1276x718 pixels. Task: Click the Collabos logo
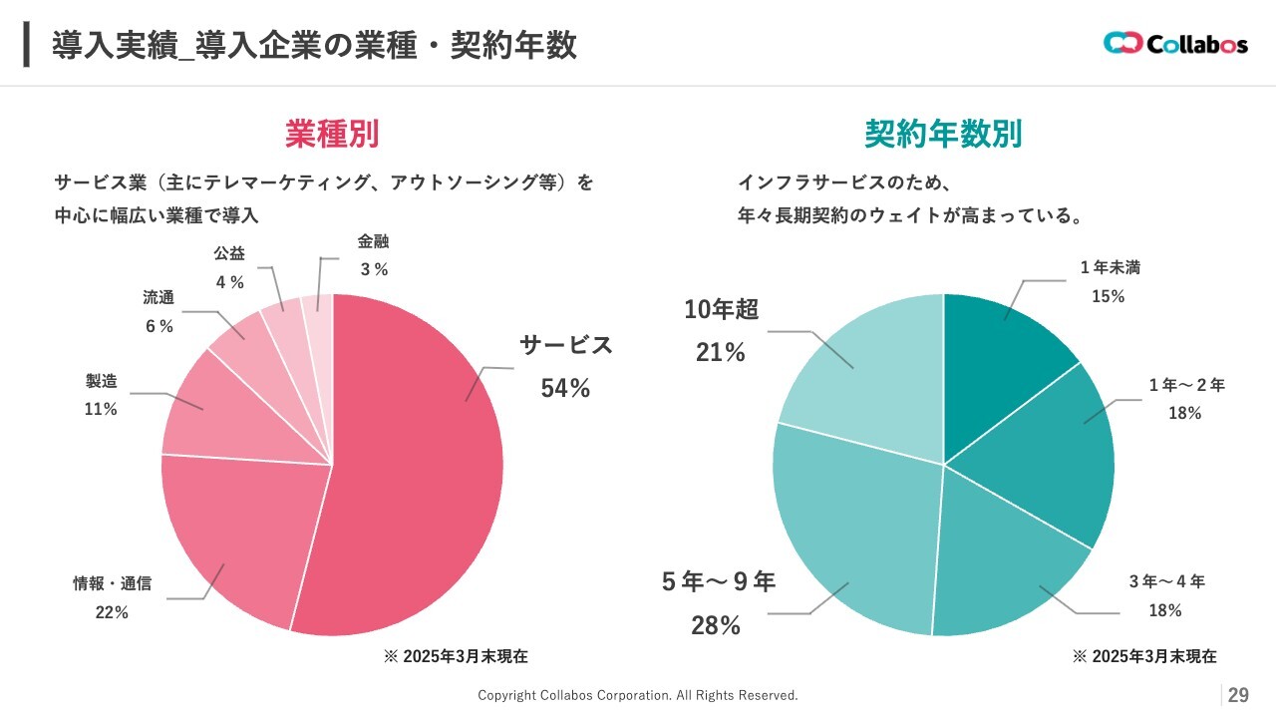pyautogui.click(x=1175, y=44)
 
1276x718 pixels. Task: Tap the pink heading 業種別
pyautogui.click(x=332, y=134)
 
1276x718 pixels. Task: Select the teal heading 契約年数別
pyautogui.click(x=943, y=134)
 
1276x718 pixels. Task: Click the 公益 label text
pyautogui.click(x=229, y=254)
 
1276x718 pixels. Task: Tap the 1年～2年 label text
pyautogui.click(x=1186, y=385)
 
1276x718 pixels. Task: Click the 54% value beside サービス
pyautogui.click(x=565, y=389)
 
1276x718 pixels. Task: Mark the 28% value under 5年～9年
pyautogui.click(x=716, y=626)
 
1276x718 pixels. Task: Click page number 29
pyautogui.click(x=1238, y=695)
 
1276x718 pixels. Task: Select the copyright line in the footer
pyautogui.click(x=638, y=695)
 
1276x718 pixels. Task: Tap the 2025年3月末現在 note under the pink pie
pyautogui.click(x=456, y=656)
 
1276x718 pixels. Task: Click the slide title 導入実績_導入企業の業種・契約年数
pyautogui.click(x=315, y=46)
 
